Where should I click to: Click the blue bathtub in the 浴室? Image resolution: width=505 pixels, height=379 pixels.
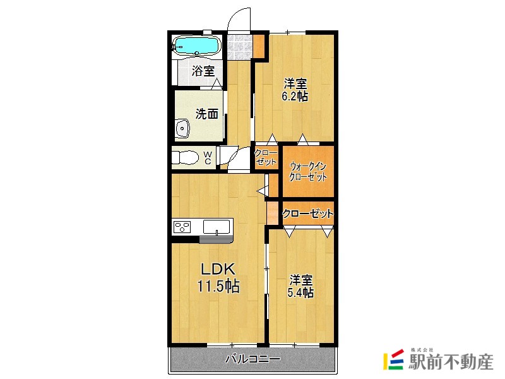click(x=196, y=45)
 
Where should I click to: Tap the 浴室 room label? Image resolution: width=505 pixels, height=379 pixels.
click(x=203, y=71)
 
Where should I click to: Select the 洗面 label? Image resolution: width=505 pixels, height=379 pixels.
click(x=206, y=114)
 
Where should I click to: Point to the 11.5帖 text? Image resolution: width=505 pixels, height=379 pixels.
click(x=218, y=286)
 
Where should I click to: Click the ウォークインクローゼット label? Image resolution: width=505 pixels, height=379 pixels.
click(x=307, y=171)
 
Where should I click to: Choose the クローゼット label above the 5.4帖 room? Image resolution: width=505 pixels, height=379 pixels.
click(x=307, y=214)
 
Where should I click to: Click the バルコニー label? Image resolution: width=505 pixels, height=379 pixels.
click(x=252, y=359)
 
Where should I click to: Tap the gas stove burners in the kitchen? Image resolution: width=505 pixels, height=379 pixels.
click(x=183, y=226)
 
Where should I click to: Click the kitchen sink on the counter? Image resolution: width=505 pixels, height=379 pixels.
click(x=217, y=226)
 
